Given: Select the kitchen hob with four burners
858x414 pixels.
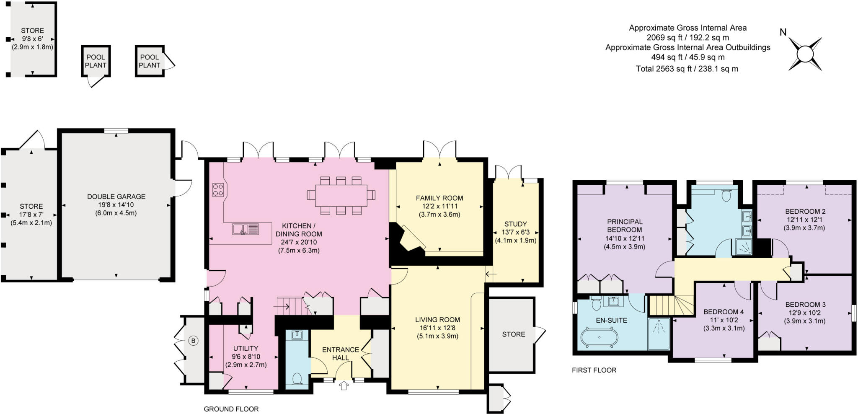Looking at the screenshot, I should [x=218, y=190].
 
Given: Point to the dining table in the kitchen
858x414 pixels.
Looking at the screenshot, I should [x=341, y=195].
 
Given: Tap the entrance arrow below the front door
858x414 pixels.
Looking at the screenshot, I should [x=344, y=386].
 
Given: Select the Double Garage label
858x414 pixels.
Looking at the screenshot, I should [x=116, y=197].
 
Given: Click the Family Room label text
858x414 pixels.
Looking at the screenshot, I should [x=439, y=198].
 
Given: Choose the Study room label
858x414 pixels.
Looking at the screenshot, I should [x=515, y=224].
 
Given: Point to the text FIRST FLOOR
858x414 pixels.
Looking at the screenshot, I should [x=594, y=370].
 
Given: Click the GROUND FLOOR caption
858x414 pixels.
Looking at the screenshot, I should [x=231, y=409].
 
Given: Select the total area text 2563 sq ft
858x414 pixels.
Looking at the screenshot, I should [x=687, y=69].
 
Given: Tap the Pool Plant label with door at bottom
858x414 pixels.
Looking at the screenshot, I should [x=96, y=61].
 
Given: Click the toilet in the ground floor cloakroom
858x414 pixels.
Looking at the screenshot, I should [x=298, y=378].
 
